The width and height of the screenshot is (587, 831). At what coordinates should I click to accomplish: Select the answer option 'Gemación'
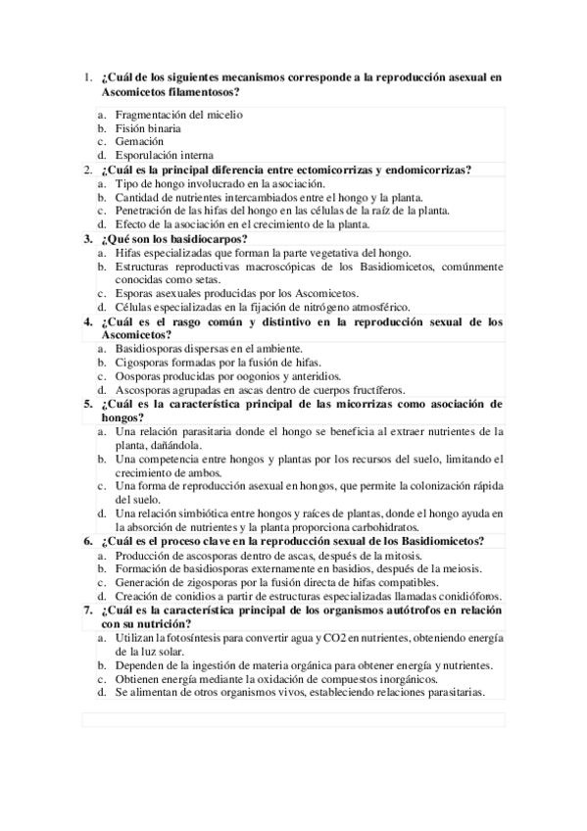(138, 142)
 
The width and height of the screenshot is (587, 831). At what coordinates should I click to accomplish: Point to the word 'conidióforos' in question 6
(467, 596)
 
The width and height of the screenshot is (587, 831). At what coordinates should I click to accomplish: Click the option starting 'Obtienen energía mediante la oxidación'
(275, 678)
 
